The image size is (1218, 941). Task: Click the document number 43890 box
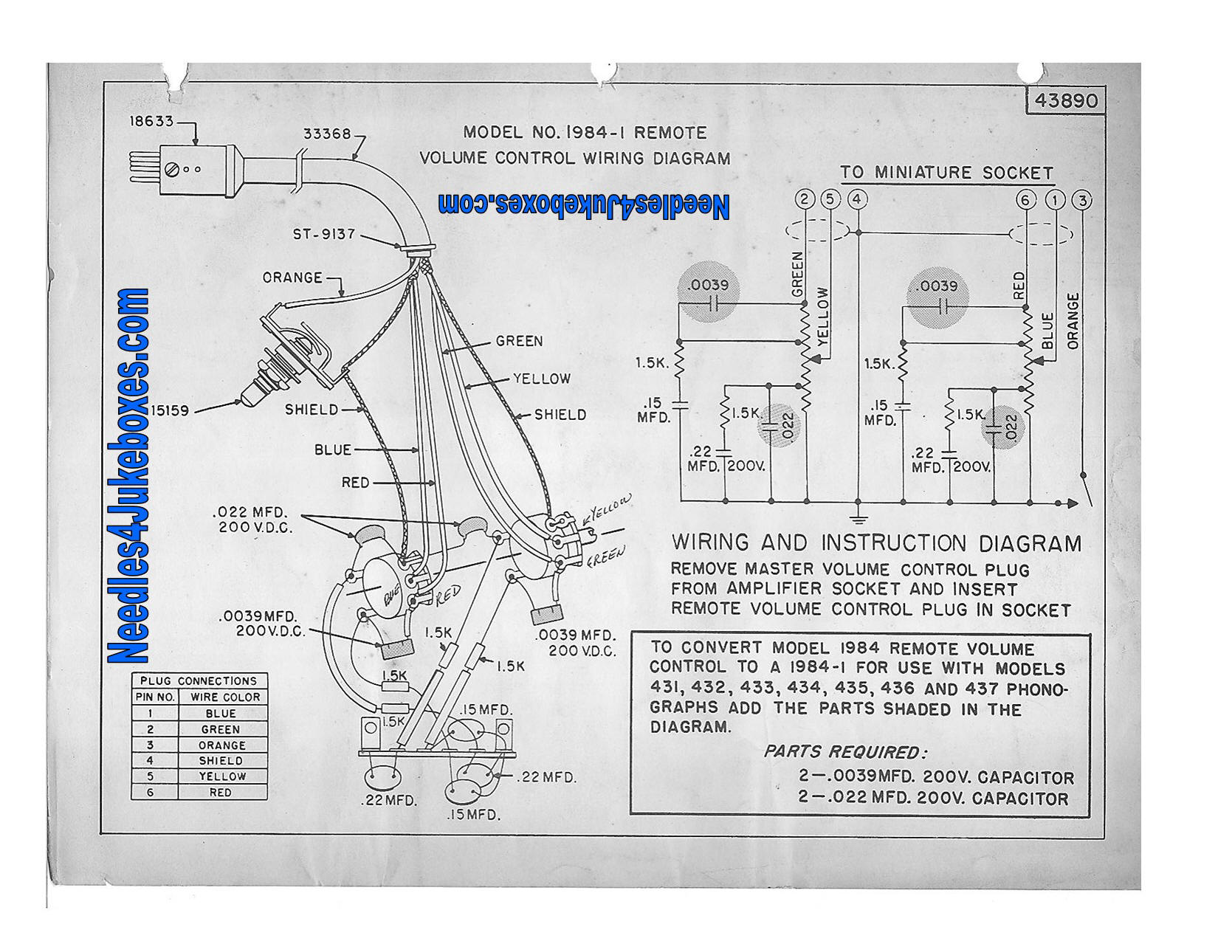[x=1066, y=100]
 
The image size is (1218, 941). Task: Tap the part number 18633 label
[x=151, y=121]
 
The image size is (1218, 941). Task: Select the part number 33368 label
[x=327, y=134]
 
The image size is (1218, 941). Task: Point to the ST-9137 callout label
[x=324, y=235]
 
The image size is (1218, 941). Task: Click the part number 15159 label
[x=171, y=411]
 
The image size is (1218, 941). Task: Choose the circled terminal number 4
[x=857, y=199]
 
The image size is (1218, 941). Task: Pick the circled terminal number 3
[x=1081, y=200]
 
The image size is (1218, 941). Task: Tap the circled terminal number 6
[x=1025, y=200]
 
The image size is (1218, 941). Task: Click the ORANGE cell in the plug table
[x=221, y=745]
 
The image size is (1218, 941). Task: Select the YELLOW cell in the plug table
[x=221, y=776]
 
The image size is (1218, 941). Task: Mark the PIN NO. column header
[x=155, y=697]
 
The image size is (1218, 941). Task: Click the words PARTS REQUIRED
[x=844, y=752]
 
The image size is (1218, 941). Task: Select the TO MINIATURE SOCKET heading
[x=946, y=173]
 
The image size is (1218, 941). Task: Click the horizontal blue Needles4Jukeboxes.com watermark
[x=583, y=206]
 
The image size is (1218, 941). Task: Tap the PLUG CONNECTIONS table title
[x=199, y=680]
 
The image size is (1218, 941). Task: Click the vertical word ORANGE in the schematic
[x=1073, y=321]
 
